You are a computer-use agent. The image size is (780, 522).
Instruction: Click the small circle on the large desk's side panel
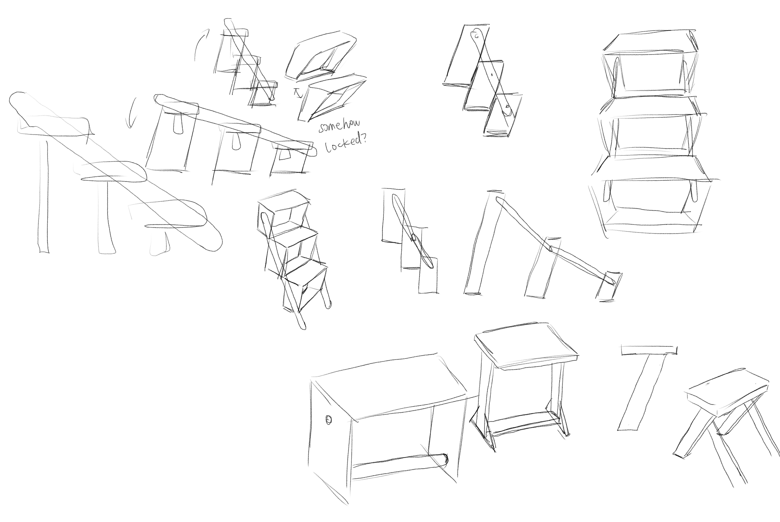pyautogui.click(x=328, y=420)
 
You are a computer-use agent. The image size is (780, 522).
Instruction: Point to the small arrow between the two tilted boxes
pyautogui.click(x=297, y=93)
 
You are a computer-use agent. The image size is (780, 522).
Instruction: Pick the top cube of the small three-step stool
pyautogui.click(x=283, y=213)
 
